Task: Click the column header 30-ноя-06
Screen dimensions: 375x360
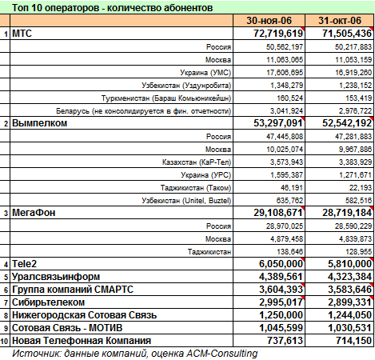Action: [269, 21]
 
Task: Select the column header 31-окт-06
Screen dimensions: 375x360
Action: [340, 21]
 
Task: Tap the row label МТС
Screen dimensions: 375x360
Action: [22, 34]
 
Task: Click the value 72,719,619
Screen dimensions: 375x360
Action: [278, 34]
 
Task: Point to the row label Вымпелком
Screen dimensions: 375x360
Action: [40, 123]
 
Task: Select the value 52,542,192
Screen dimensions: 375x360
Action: [347, 123]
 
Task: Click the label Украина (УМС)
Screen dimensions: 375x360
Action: [205, 73]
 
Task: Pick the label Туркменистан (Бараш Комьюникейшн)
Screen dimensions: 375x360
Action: [166, 98]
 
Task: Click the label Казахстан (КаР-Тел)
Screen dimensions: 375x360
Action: [197, 162]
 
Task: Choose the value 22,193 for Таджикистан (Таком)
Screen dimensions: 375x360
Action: [361, 188]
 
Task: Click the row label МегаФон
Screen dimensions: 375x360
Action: [34, 213]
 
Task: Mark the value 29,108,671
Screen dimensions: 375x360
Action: [278, 213]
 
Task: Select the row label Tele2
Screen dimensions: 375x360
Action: [24, 264]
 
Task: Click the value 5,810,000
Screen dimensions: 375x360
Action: [349, 264]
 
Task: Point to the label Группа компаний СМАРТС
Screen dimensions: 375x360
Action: [73, 290]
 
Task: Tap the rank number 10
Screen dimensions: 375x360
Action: [5, 342]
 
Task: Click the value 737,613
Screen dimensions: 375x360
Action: [285, 341]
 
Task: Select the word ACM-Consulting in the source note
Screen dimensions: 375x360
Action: [222, 354]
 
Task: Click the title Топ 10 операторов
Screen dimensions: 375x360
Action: [57, 8]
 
